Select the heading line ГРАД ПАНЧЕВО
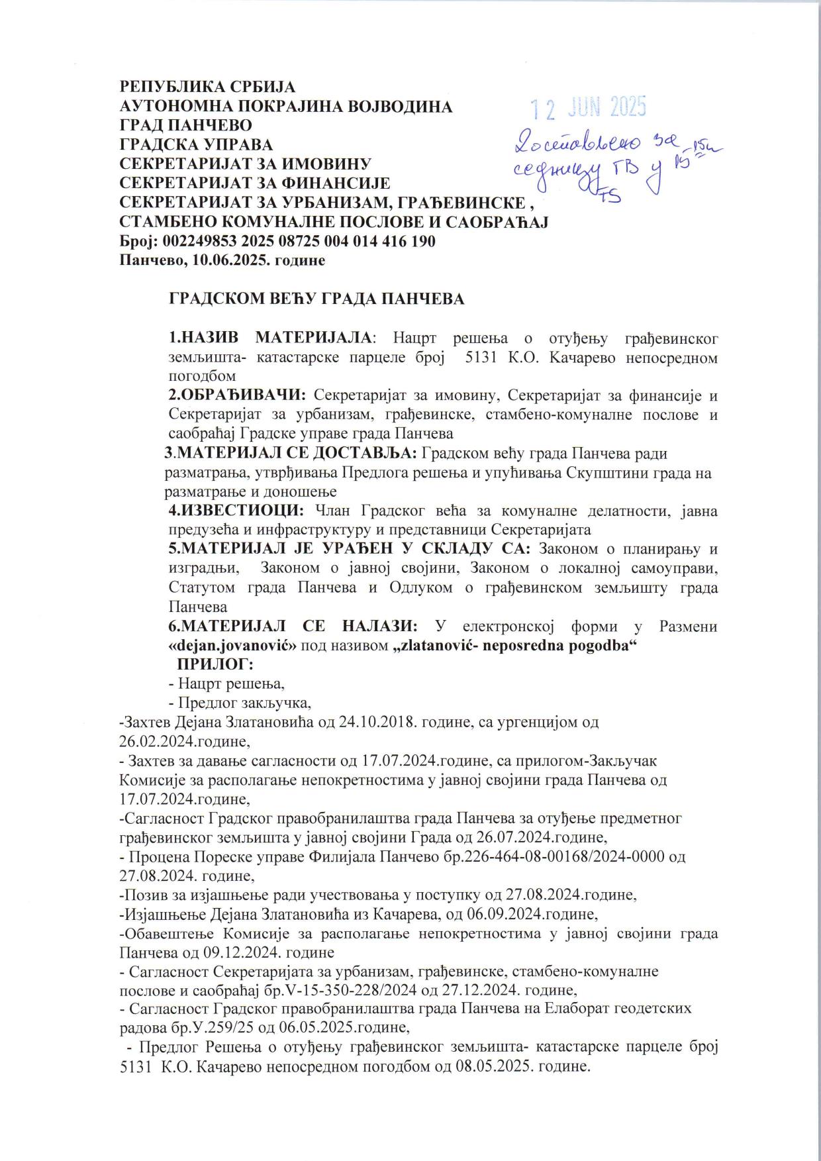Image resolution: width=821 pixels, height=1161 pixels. (185, 125)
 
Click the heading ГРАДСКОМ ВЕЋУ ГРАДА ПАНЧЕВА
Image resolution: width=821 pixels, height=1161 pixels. (317, 299)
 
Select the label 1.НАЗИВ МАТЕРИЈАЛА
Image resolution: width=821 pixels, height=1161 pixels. (271, 338)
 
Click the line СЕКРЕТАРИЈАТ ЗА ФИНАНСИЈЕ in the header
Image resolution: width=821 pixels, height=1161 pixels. (254, 183)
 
